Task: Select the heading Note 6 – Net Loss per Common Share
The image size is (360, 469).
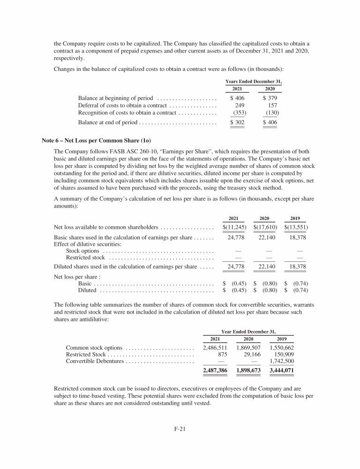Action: [x=97, y=140]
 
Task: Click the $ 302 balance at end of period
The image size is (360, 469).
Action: [x=237, y=122]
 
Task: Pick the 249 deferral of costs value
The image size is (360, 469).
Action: [x=240, y=106]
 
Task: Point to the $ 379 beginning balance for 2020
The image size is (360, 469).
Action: [x=270, y=98]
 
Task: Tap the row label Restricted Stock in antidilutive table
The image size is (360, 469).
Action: [x=86, y=355]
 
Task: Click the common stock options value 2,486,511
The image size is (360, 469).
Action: [x=215, y=348]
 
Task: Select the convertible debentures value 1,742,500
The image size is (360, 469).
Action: [x=282, y=362]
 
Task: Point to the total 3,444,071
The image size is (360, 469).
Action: [x=282, y=371]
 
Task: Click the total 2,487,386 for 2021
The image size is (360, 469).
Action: [x=215, y=371]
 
